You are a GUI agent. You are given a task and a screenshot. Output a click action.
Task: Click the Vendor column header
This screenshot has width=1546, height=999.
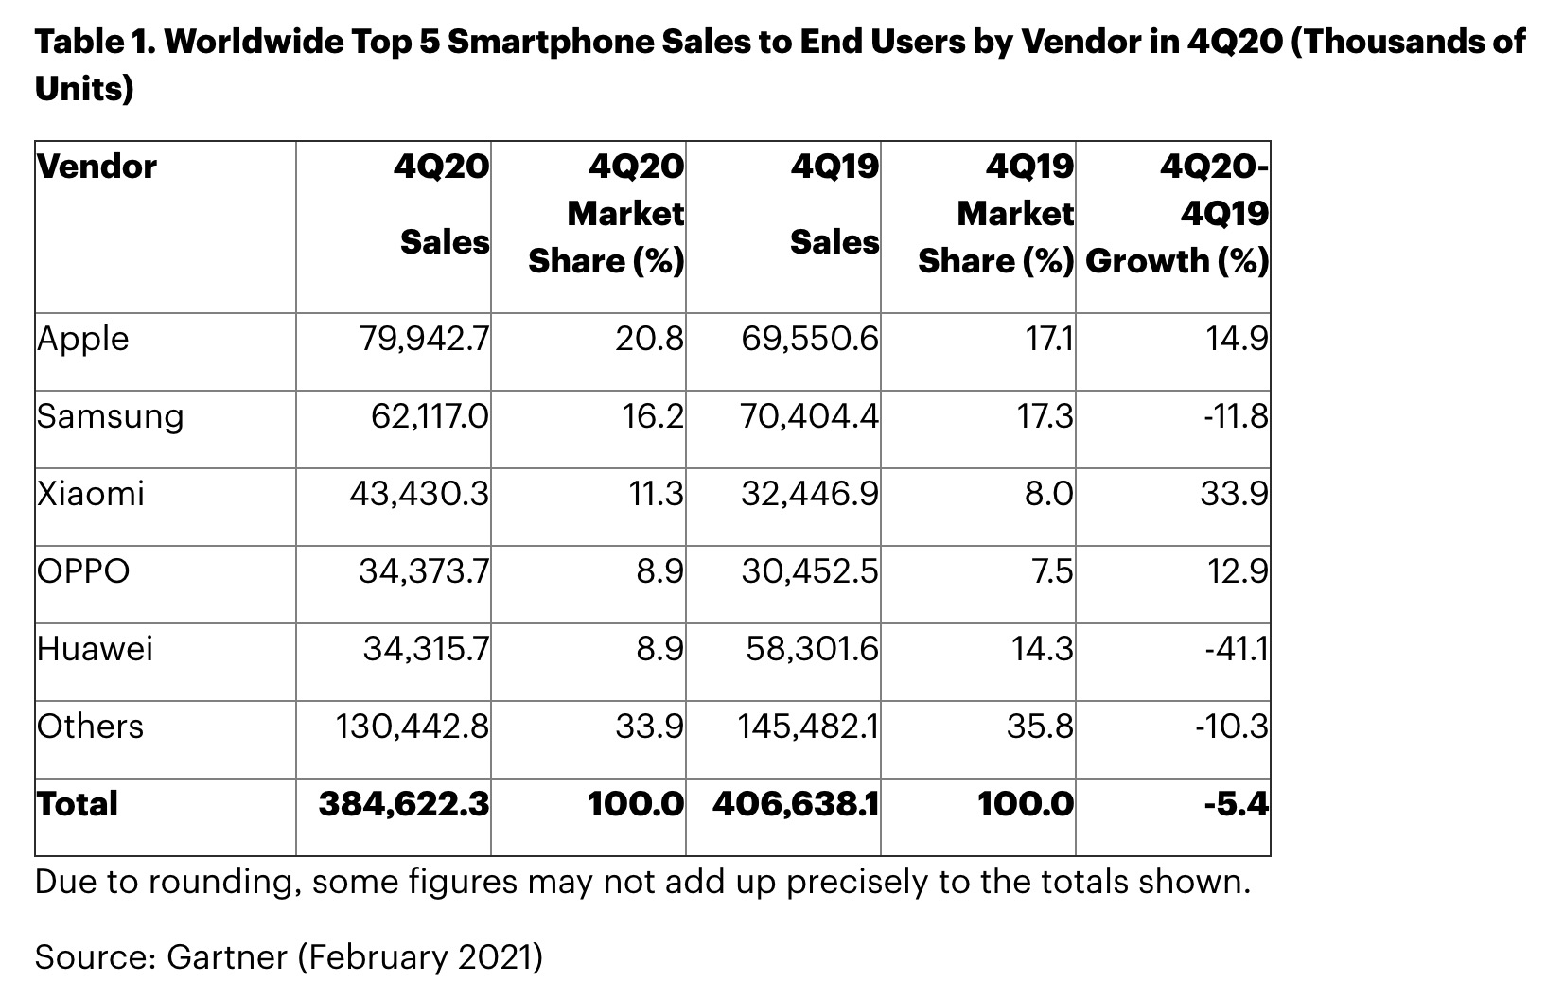point(97,166)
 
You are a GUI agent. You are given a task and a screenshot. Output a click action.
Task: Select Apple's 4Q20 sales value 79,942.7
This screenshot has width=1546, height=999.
point(424,339)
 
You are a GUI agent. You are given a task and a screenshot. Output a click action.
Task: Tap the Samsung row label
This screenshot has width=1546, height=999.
point(110,416)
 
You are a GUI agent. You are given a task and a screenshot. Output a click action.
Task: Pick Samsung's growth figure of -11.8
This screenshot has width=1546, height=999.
point(1236,416)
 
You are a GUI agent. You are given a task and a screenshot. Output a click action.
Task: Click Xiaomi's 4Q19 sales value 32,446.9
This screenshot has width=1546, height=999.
point(810,494)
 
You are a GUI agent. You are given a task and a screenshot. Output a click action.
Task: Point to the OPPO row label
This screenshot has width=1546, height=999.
point(83,571)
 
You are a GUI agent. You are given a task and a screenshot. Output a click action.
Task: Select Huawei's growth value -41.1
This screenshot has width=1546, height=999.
point(1236,649)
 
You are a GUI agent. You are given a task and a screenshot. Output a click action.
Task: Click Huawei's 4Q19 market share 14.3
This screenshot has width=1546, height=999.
point(1043,649)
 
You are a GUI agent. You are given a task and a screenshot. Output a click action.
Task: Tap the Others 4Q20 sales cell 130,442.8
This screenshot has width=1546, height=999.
point(413,727)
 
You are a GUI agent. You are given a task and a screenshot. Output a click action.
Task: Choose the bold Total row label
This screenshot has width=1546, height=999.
point(78,804)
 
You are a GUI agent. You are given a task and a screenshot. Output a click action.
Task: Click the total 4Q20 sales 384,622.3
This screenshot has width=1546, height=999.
point(404,804)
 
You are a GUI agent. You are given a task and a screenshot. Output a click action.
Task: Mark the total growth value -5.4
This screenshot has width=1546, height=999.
point(1237,804)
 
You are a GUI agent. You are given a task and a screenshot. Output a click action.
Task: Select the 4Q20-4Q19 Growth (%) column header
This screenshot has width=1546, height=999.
point(1177,214)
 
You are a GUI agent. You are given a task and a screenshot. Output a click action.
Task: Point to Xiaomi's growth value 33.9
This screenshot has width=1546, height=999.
point(1235,494)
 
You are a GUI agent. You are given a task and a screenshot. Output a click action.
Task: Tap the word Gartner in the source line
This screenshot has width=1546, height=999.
point(227,957)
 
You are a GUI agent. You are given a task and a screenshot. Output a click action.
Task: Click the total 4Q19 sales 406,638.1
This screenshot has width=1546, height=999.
point(796,804)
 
